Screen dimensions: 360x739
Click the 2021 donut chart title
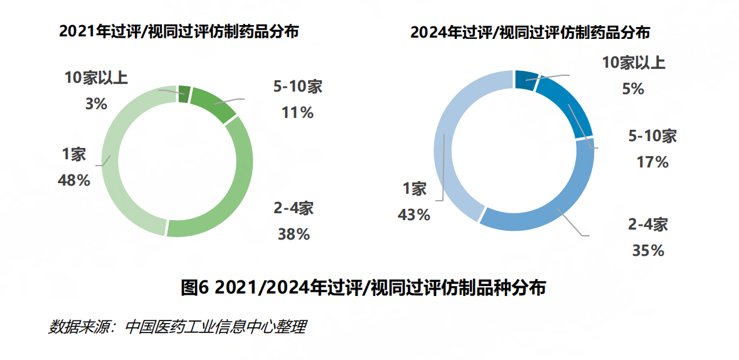pyautogui.click(x=178, y=32)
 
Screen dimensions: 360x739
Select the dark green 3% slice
pyautogui.click(x=184, y=93)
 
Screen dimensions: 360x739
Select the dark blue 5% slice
pyautogui.click(x=526, y=80)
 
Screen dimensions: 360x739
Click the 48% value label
pyautogui.click(x=74, y=181)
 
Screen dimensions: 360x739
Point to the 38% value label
pyautogui.click(x=294, y=234)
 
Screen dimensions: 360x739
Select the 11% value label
pyautogui.click(x=297, y=113)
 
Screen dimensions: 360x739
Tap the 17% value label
pyautogui.click(x=652, y=162)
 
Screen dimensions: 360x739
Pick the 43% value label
pyautogui.click(x=413, y=214)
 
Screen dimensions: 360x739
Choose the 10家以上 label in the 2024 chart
pyautogui.click(x=634, y=63)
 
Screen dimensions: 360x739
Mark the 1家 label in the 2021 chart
pyautogui.click(x=74, y=154)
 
